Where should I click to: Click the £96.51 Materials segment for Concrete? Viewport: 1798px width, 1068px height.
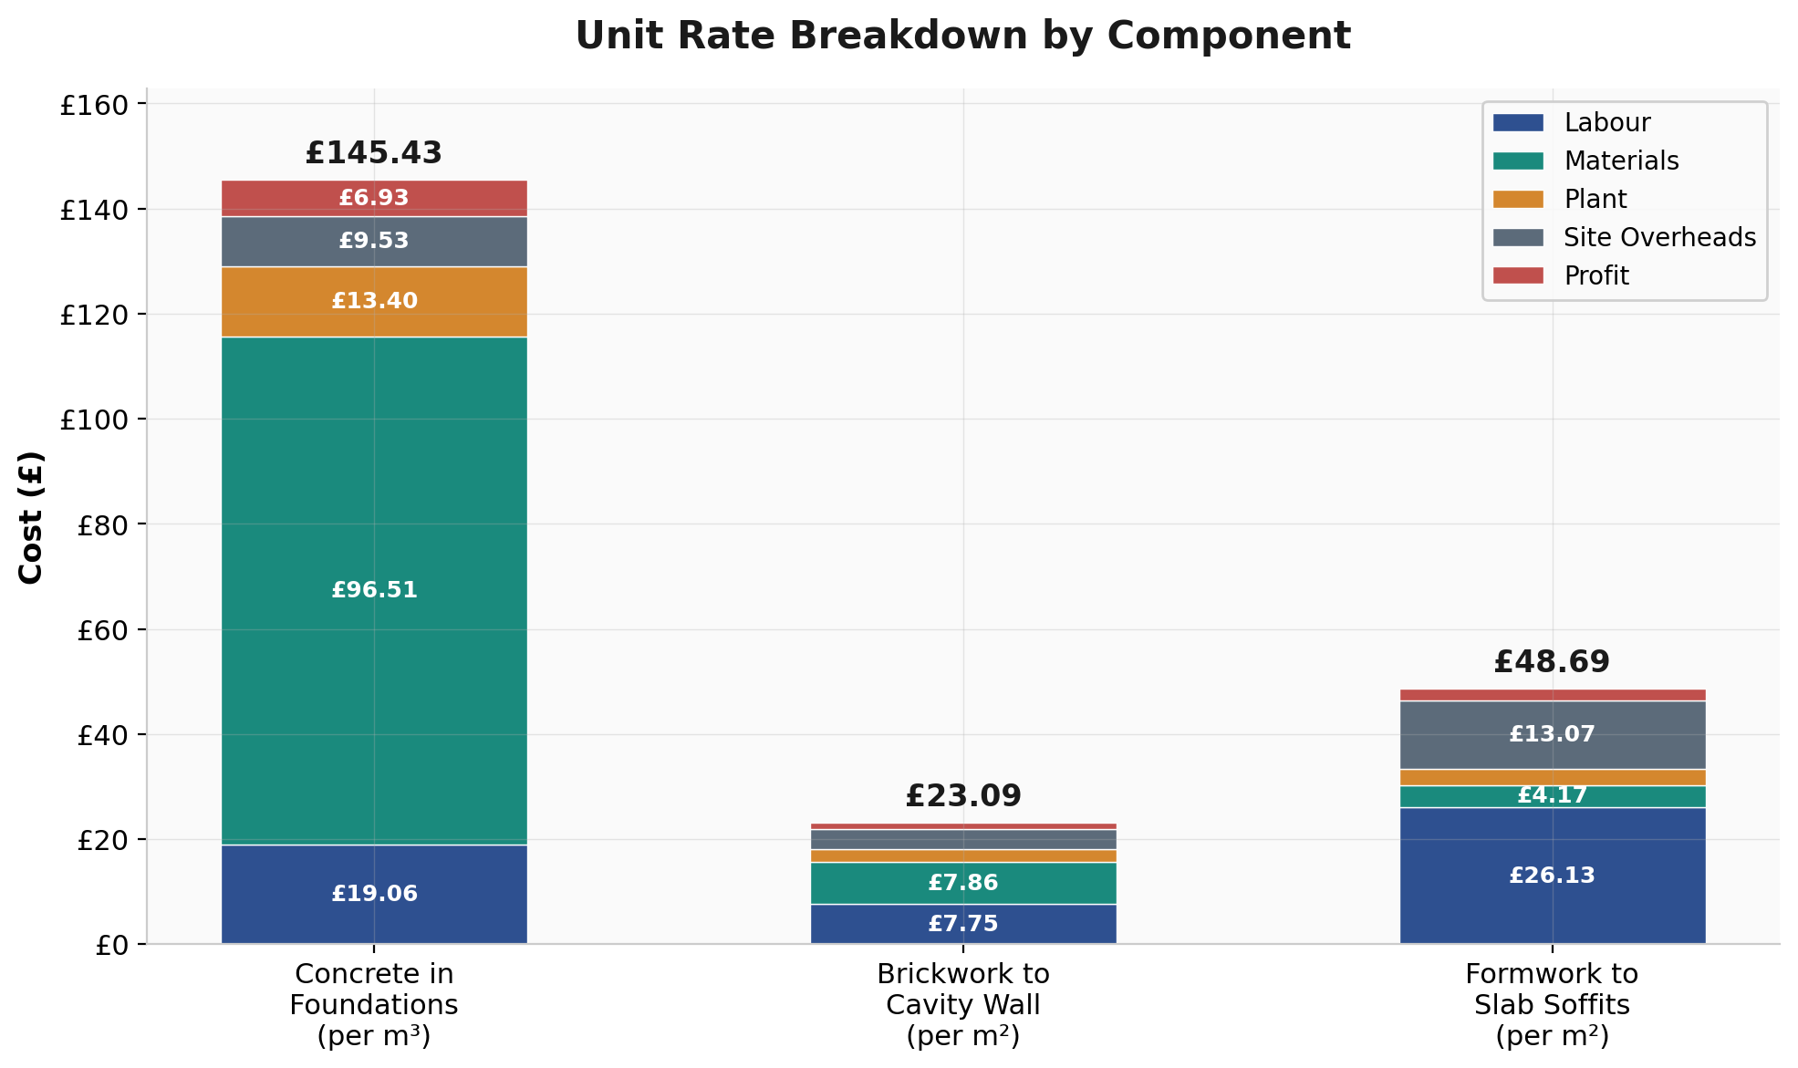[374, 590]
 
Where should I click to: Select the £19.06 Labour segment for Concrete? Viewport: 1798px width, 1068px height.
[374, 894]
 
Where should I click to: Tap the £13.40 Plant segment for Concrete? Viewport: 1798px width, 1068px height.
[374, 301]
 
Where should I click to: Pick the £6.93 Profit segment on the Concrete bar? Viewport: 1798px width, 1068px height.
[374, 198]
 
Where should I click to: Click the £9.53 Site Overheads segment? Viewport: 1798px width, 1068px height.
[374, 241]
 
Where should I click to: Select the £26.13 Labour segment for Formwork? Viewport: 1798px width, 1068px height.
[1552, 876]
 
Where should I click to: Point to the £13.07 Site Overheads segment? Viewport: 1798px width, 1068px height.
[1552, 734]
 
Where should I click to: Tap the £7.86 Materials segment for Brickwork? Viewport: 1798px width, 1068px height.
[962, 883]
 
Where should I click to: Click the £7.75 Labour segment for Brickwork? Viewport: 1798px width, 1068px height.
[962, 924]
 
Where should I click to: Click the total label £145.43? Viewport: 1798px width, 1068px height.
[374, 153]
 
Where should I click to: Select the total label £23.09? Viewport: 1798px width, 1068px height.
[962, 796]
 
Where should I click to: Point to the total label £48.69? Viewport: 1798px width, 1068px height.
[1552, 662]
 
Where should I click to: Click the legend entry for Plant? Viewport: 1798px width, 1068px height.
[1595, 199]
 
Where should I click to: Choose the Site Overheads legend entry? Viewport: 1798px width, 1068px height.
[1658, 237]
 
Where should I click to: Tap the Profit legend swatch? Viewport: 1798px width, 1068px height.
[1518, 275]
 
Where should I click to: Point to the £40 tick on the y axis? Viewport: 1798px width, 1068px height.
[101, 734]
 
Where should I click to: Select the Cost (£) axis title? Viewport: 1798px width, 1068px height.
[31, 516]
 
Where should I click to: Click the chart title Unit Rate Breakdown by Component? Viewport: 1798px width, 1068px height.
[962, 36]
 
